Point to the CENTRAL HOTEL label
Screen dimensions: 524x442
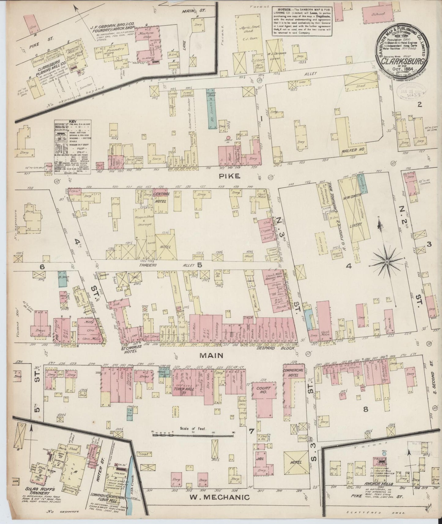pos(161,196)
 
